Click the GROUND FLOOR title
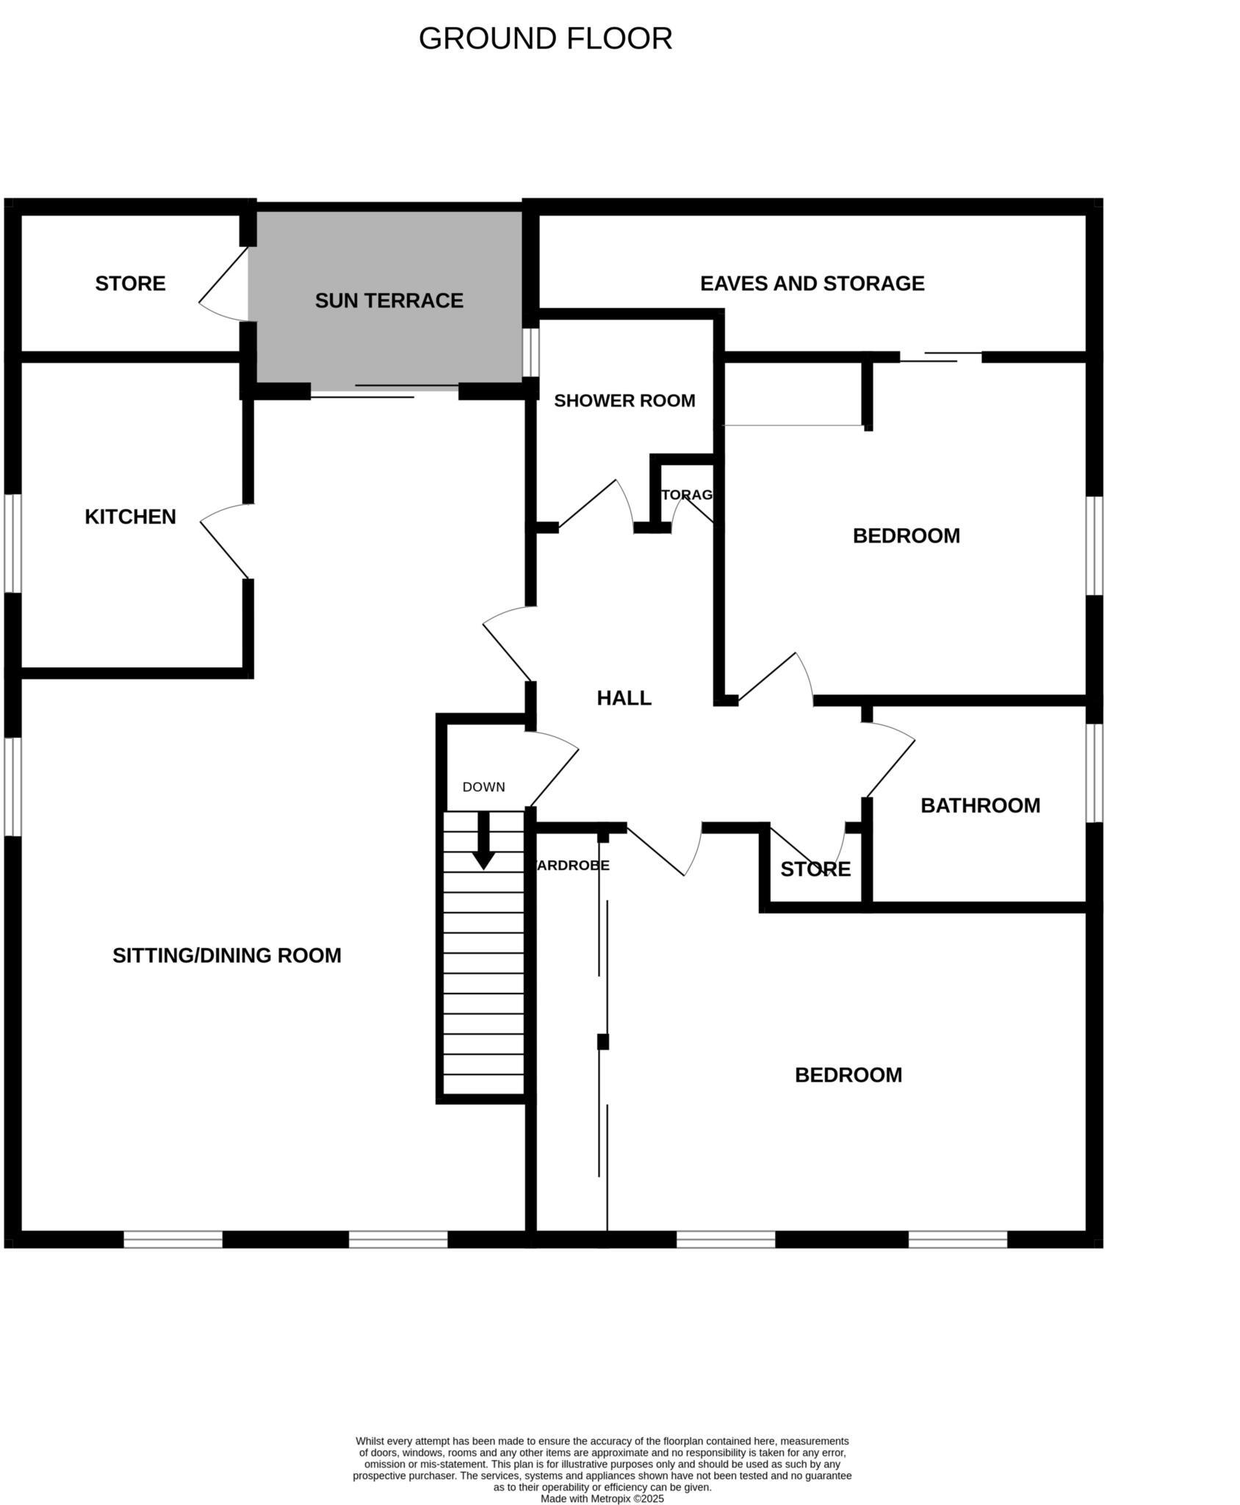click(x=545, y=39)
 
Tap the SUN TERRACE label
click(x=389, y=301)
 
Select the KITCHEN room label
click(x=130, y=517)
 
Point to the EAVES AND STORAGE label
click(x=812, y=284)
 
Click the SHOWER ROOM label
click(x=624, y=401)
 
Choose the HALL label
click(x=624, y=698)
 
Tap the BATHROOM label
click(x=980, y=805)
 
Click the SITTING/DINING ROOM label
click(x=226, y=955)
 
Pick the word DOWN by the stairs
click(x=483, y=787)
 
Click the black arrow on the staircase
click(x=483, y=841)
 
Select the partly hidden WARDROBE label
click(x=574, y=866)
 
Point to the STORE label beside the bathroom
click(x=815, y=869)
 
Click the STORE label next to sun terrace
click(x=130, y=284)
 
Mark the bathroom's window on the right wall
click(x=1094, y=773)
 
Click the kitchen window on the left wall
click(x=12, y=543)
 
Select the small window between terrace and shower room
click(x=530, y=352)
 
